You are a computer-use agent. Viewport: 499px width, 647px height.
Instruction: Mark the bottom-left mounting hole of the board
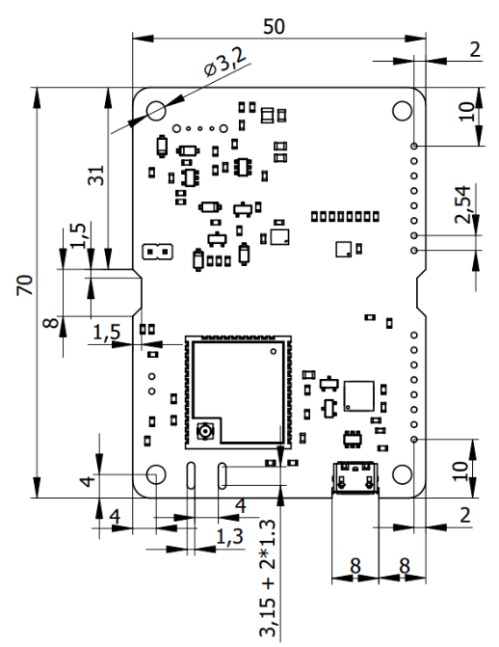[x=154, y=474]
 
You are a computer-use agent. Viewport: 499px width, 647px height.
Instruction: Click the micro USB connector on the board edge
[x=355, y=478]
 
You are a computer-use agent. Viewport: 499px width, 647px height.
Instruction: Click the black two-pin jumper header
[x=155, y=253]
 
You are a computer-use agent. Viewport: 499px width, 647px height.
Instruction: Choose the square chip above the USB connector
[x=358, y=394]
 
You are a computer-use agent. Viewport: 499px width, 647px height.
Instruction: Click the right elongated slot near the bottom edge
[x=223, y=474]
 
